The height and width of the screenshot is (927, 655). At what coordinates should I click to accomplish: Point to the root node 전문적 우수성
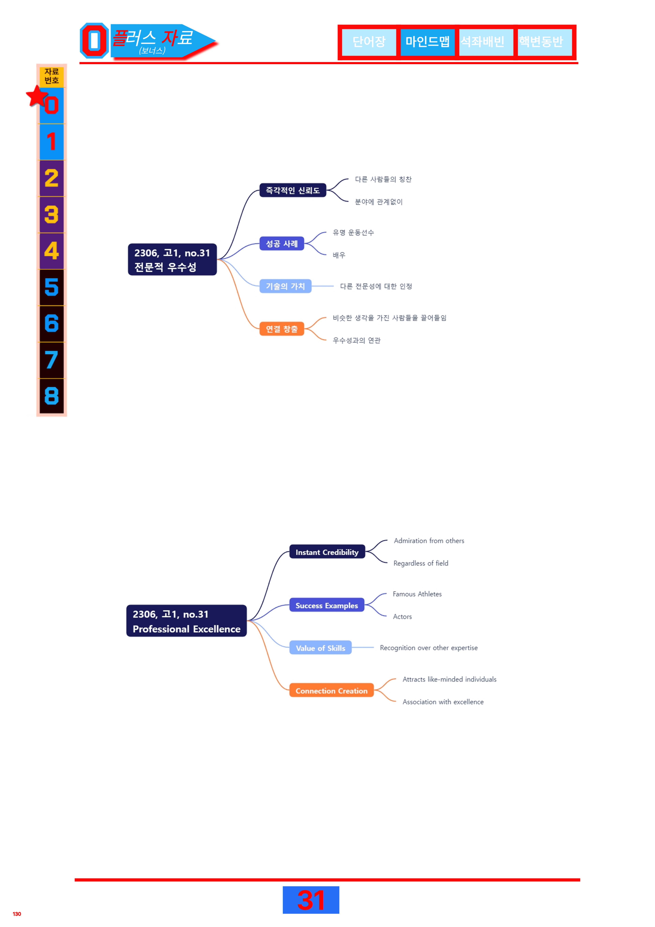(172, 260)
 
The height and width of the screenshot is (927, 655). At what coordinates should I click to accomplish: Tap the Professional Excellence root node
(186, 621)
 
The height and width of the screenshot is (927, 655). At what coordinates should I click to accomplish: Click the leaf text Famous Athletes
(417, 594)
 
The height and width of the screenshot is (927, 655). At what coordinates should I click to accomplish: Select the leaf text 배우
(339, 255)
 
